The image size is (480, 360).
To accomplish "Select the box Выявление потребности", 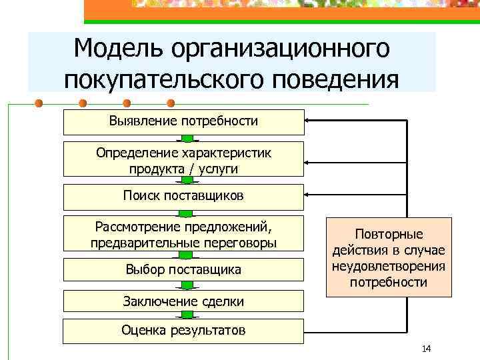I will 183,121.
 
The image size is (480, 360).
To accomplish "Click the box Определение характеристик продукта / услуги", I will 183,160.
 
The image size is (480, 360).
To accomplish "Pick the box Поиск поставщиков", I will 183,196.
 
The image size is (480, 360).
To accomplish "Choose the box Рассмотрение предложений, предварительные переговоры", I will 183,234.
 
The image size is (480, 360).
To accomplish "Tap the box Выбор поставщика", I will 183,269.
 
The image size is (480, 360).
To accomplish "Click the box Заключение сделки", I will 183,301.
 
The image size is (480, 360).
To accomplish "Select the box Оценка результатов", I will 183,330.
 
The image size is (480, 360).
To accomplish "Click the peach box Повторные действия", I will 389,257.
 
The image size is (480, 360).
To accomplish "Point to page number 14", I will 427,349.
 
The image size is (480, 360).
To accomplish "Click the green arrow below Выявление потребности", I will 188,139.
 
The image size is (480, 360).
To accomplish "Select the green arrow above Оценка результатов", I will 188,315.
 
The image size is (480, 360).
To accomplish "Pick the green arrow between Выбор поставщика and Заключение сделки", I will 188,285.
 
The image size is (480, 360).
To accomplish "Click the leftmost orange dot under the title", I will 39,103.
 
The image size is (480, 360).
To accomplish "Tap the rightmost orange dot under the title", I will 171,103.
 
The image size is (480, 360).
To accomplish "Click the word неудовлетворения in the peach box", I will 389,267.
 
